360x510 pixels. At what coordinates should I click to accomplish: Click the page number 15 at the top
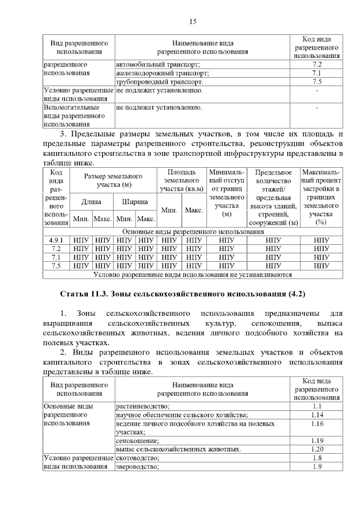[192, 22]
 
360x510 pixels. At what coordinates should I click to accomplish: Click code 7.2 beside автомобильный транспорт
[317, 64]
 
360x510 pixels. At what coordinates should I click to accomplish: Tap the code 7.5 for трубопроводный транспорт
[317, 82]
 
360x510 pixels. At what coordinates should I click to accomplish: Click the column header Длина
[92, 201]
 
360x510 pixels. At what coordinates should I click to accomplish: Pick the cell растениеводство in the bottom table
[143, 406]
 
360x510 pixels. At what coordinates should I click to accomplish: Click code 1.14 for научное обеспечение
[317, 415]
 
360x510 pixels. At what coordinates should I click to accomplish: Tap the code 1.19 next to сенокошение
[317, 441]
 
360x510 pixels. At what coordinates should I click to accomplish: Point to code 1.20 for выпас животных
[317, 449]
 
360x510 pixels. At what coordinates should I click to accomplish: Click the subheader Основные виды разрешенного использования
[192, 231]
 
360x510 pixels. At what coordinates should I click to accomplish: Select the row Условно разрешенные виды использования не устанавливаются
[192, 275]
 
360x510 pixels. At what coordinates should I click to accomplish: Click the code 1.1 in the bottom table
[317, 406]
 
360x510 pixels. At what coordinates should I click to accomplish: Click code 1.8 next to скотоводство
[317, 458]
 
